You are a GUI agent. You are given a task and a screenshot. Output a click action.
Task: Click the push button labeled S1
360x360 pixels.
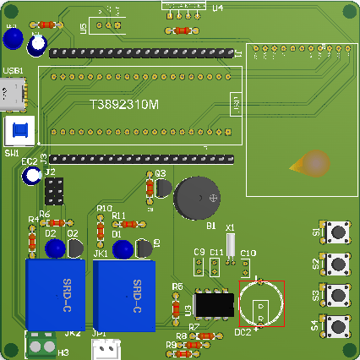(340, 232)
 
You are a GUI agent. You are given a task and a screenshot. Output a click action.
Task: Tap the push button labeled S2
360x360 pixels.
(340, 264)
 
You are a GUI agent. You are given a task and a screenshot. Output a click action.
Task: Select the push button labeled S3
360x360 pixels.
(340, 294)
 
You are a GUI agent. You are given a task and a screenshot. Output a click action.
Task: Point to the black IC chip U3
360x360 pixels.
(215, 303)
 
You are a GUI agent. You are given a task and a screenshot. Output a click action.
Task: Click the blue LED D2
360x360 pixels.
(55, 248)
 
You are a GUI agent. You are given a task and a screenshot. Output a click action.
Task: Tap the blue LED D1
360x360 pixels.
(123, 248)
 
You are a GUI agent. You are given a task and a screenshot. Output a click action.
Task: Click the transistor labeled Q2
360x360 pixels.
(76, 248)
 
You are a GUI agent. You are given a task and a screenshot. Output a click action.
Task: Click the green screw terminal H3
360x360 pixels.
(39, 343)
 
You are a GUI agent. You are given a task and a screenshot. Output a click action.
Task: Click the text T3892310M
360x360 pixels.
(124, 105)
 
